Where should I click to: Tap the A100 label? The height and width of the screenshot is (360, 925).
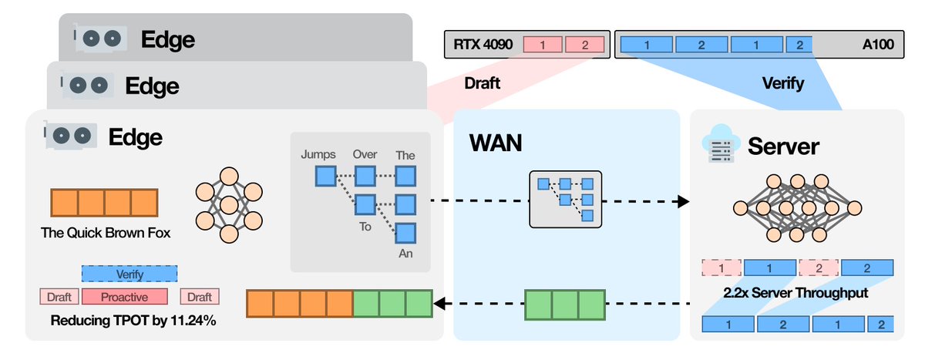pyautogui.click(x=877, y=45)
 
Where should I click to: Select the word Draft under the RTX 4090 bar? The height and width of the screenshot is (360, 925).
pyautogui.click(x=483, y=83)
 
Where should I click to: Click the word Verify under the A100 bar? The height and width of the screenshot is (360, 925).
pyautogui.click(x=782, y=83)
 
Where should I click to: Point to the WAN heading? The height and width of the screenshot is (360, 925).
pyautogui.click(x=496, y=143)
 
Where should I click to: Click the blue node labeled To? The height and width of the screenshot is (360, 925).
pyautogui.click(x=365, y=205)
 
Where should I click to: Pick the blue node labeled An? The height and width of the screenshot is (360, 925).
pyautogui.click(x=405, y=233)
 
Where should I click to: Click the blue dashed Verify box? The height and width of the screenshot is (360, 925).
pyautogui.click(x=129, y=273)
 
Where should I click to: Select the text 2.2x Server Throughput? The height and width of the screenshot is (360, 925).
pyautogui.click(x=797, y=294)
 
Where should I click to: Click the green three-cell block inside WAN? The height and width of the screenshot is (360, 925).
pyautogui.click(x=564, y=304)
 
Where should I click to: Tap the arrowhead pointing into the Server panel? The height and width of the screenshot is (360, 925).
pyautogui.click(x=681, y=201)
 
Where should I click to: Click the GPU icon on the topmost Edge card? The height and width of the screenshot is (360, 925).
pyautogui.click(x=101, y=39)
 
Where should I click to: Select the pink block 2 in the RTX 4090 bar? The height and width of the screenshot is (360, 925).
pyautogui.click(x=584, y=45)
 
